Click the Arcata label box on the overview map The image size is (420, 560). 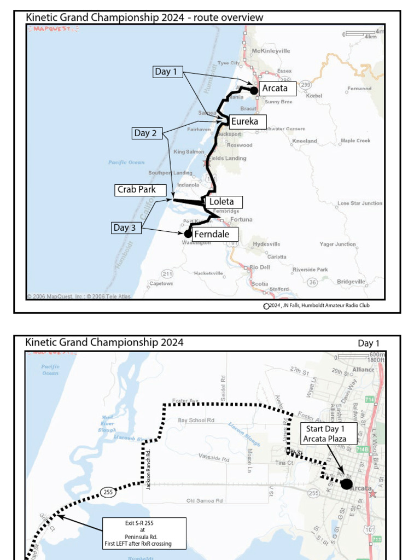click(277, 88)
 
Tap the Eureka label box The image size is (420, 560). click(244, 121)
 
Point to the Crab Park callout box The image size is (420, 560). click(136, 190)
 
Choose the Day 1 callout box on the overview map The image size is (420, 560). click(167, 72)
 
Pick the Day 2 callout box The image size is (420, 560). click(146, 133)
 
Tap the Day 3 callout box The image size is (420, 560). click(126, 227)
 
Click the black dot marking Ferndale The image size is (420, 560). click(188, 234)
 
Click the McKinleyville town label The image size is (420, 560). click(271, 51)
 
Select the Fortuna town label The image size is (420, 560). click(241, 219)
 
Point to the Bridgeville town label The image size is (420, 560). click(351, 282)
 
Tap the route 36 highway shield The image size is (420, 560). click(312, 282)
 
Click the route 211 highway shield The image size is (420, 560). click(167, 273)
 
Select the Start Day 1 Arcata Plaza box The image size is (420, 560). click(329, 434)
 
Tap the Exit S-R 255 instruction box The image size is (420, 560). click(144, 533)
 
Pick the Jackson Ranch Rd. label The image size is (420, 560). click(148, 469)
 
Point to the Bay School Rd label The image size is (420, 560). click(196, 421)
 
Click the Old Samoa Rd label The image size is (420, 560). click(205, 500)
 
